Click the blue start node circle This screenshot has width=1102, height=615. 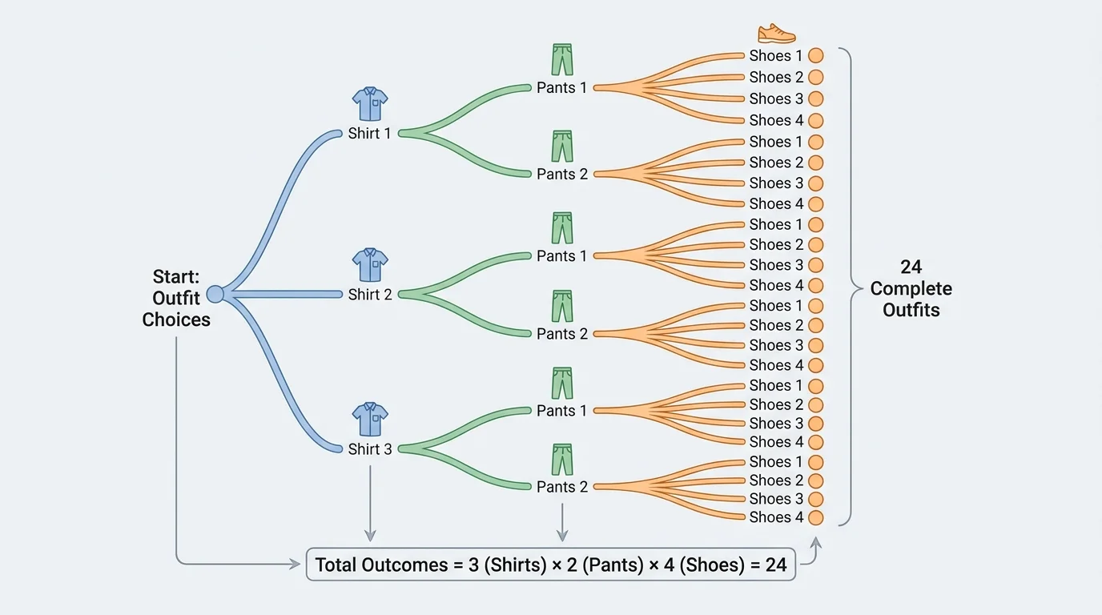215,295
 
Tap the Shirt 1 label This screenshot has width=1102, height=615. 369,134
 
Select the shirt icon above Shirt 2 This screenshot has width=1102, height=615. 370,265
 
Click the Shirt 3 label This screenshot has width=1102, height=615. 369,449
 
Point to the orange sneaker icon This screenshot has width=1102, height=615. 776,34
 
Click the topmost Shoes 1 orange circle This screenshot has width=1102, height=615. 815,56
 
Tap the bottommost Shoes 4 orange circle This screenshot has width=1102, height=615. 815,517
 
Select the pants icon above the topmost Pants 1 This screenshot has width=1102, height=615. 562,60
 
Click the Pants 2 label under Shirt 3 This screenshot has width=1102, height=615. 561,487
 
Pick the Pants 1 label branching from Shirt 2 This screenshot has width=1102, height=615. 561,256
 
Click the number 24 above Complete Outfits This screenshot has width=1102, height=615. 911,267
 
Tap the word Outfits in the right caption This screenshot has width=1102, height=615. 911,310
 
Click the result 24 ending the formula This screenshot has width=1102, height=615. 775,565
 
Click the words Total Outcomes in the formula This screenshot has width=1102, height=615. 381,565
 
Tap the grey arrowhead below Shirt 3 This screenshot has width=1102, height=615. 369,536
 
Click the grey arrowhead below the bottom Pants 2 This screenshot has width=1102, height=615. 562,536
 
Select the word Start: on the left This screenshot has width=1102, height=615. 176,277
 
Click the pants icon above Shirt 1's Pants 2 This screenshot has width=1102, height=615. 562,147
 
